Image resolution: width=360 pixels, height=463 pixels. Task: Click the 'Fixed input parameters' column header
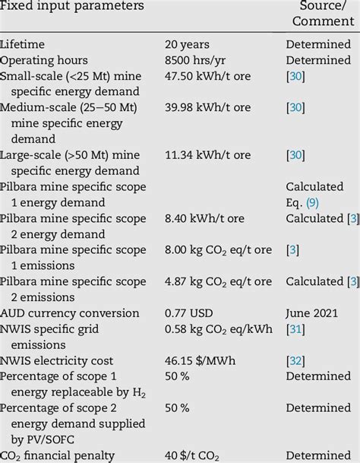pyautogui.click(x=71, y=6)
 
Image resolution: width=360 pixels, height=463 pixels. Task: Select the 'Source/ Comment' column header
pyautogui.click(x=319, y=13)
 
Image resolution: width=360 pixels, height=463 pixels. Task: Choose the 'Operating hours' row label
pyautogui.click(x=44, y=60)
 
